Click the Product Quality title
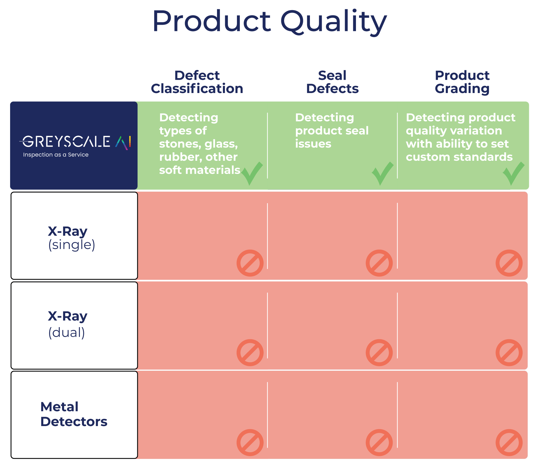269,22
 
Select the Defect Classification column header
197,82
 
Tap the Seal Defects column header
332,82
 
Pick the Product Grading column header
462,82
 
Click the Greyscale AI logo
75,142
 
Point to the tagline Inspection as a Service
56,155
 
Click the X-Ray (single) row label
72,238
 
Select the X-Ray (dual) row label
68,325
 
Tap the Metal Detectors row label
74,414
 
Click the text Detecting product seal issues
332,131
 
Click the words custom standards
459,157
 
